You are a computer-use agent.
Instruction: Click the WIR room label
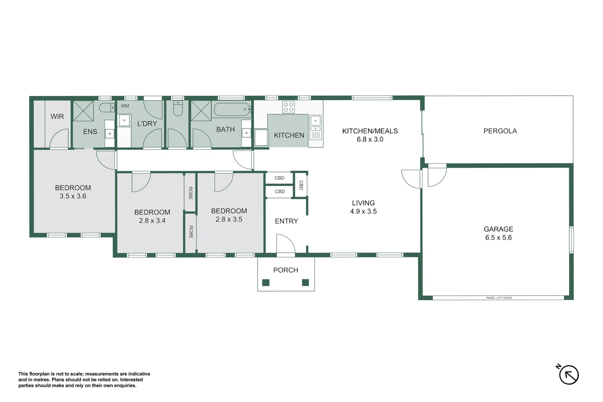[x=57, y=117]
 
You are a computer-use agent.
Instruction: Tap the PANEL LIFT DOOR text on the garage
[x=499, y=298]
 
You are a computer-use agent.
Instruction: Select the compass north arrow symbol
[x=568, y=374]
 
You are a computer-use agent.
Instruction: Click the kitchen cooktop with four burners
[x=288, y=107]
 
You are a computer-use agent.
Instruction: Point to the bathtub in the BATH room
[x=232, y=109]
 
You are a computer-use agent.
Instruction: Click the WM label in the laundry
[x=125, y=106]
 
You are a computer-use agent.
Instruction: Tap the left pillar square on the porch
[x=266, y=283]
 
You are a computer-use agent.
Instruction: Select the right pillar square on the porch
[x=305, y=283]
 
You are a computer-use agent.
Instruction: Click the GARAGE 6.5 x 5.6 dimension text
[x=498, y=237]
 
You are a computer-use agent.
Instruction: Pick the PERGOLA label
[x=500, y=131]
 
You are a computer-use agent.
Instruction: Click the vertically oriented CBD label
[x=301, y=185]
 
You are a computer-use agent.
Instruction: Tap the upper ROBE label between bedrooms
[x=190, y=193]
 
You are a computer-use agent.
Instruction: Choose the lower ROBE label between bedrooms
[x=191, y=232]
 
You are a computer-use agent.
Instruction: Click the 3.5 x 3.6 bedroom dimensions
[x=73, y=196]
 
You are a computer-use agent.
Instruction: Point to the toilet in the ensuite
[x=106, y=108]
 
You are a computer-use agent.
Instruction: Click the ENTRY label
[x=286, y=221]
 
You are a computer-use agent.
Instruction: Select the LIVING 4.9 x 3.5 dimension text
[x=363, y=211]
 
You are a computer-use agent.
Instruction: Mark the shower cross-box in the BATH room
[x=201, y=111]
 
